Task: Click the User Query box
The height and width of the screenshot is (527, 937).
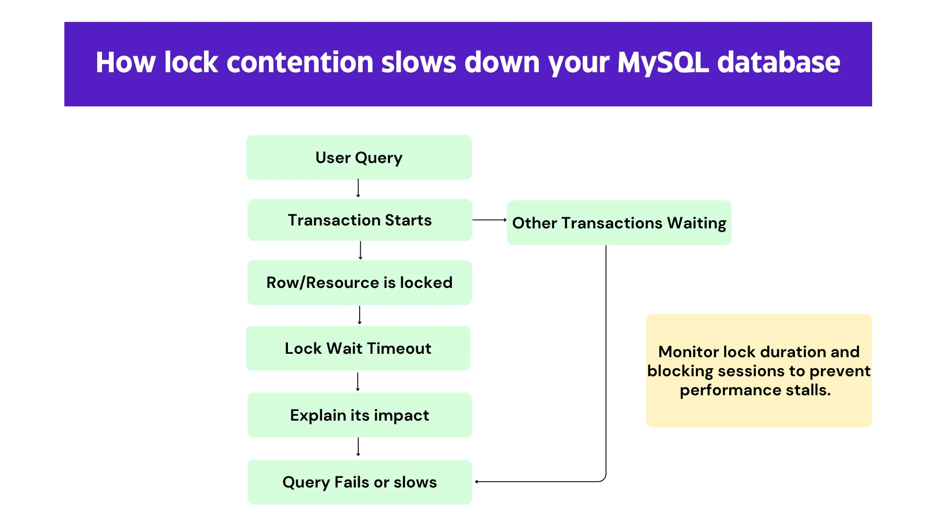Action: (x=359, y=158)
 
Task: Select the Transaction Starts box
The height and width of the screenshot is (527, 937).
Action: (x=360, y=220)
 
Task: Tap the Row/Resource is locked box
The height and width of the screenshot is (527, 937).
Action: (x=359, y=283)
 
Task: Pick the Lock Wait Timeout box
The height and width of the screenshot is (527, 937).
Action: (x=358, y=348)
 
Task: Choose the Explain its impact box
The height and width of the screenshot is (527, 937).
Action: (x=359, y=415)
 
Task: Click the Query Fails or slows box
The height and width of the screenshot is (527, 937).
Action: (x=359, y=482)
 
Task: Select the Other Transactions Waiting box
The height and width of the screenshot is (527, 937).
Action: (x=619, y=223)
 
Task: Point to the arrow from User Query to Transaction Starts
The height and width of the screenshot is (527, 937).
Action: (x=358, y=188)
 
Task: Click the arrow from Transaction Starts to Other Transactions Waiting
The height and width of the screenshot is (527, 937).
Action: (x=489, y=220)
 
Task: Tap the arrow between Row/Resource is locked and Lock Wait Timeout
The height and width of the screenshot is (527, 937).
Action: (x=360, y=315)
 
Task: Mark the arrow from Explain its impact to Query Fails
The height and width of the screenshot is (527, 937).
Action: (x=358, y=447)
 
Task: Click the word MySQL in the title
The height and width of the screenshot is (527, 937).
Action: (x=663, y=62)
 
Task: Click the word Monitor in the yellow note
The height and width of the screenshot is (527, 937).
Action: (x=689, y=352)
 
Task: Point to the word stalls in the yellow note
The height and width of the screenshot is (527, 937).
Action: (x=808, y=390)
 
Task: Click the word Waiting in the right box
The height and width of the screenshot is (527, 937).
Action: (x=696, y=223)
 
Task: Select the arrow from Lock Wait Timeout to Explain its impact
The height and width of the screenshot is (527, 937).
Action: (x=358, y=382)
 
